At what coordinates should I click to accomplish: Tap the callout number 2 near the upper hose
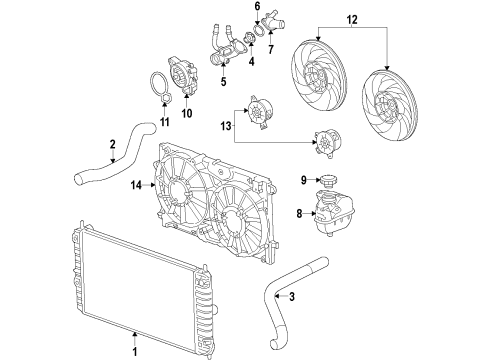(x=113, y=146)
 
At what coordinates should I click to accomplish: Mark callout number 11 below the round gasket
(x=167, y=122)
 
